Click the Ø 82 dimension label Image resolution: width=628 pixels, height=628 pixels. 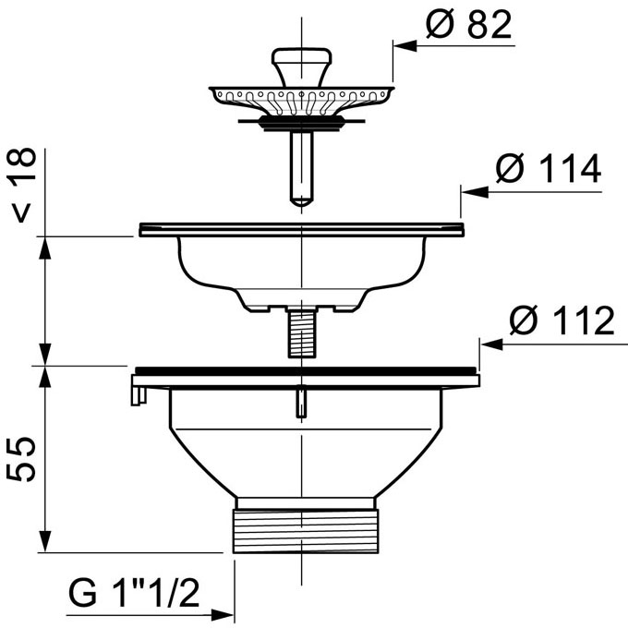469,24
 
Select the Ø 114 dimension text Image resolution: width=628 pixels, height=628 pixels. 549,168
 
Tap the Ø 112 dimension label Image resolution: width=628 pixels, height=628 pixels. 562,320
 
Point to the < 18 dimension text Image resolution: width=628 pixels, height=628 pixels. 22,185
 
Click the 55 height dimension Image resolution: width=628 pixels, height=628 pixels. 21,459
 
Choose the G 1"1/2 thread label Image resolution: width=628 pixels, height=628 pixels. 134,594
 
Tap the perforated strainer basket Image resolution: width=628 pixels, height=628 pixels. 302,100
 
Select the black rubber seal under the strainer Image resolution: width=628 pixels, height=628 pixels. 302,123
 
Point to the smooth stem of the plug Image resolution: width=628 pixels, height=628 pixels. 302,168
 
